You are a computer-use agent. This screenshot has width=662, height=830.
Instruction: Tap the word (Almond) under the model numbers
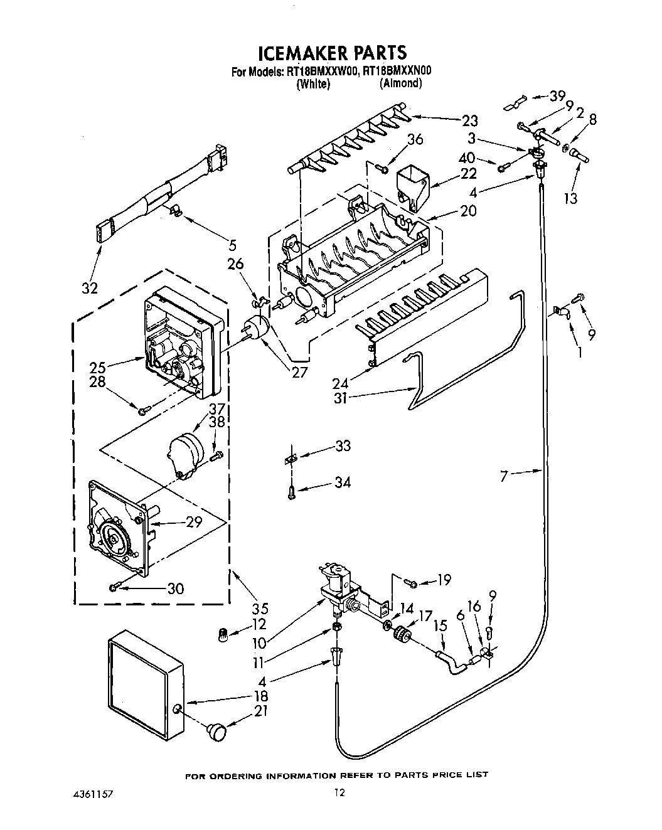[x=400, y=83]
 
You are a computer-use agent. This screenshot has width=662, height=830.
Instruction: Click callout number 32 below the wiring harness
[x=90, y=288]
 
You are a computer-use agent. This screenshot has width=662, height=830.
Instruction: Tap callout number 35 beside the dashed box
[x=260, y=607]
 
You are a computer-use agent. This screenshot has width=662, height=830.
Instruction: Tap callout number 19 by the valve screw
[x=443, y=580]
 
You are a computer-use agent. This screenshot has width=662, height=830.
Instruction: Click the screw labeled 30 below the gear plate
[x=114, y=587]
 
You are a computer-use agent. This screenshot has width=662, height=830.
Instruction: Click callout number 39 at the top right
[x=557, y=96]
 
